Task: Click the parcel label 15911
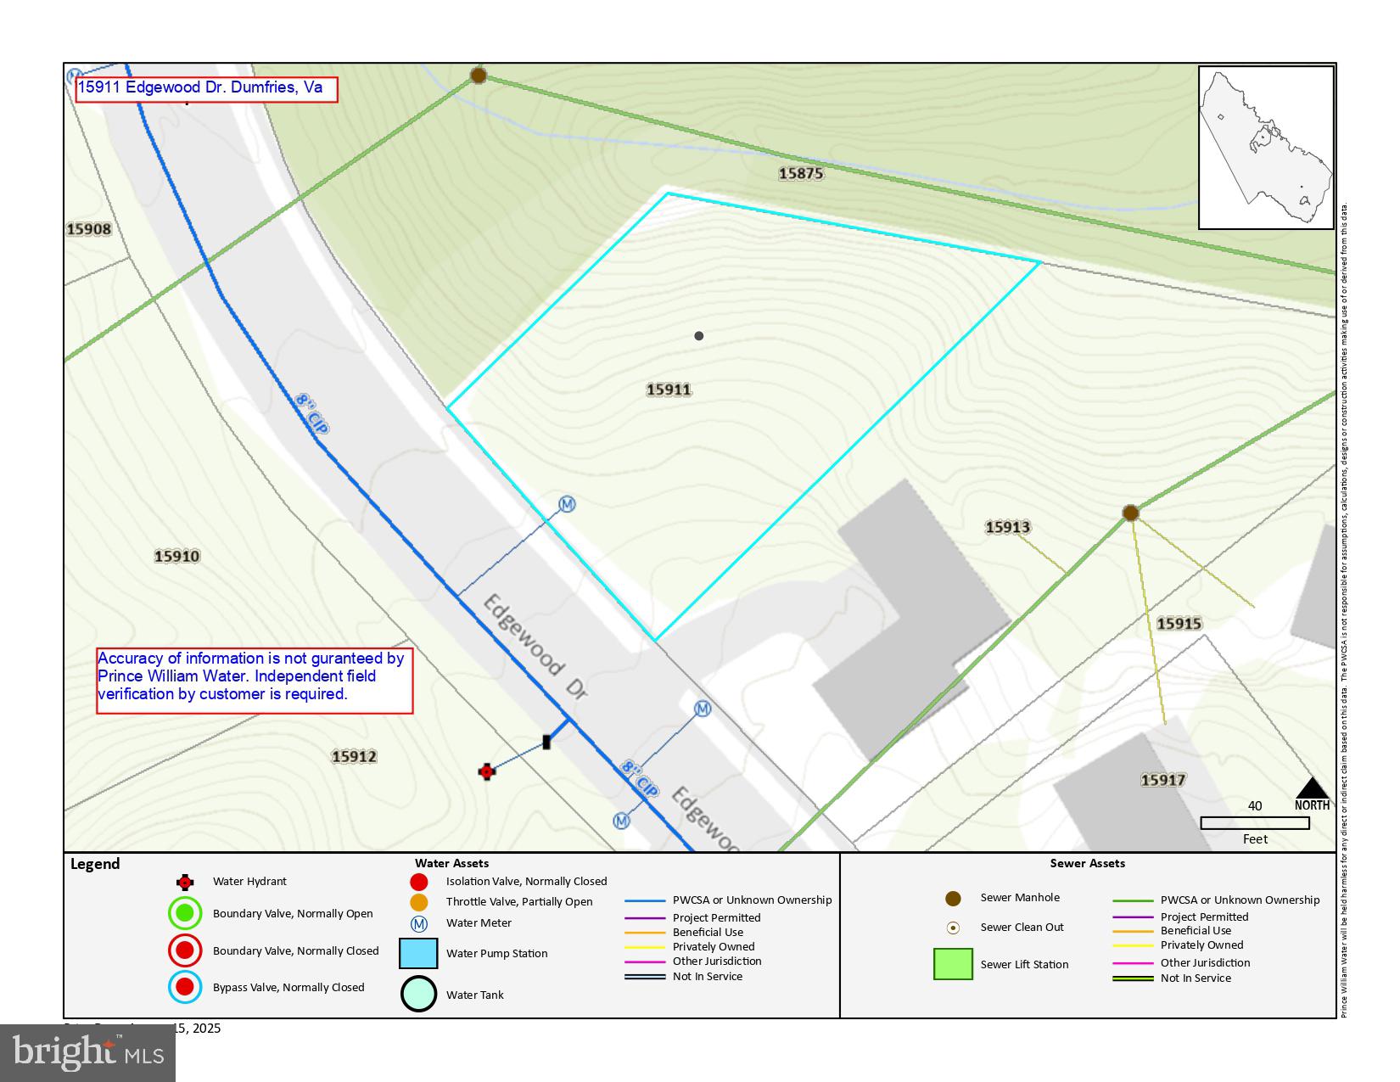coord(669,390)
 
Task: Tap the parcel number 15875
coord(801,173)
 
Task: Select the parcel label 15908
coord(89,229)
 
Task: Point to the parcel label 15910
coord(176,557)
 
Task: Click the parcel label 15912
coord(354,756)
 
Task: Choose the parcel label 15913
coord(1007,527)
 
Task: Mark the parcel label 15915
coord(1179,624)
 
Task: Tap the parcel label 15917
coord(1162,780)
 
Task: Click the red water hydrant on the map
coord(486,771)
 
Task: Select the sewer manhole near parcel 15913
coord(1130,513)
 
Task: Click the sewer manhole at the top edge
coord(478,76)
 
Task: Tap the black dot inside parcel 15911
coord(698,336)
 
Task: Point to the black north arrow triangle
coord(1312,788)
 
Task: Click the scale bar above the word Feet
coord(1255,822)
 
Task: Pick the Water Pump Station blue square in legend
coord(418,953)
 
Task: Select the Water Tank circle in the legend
coord(418,994)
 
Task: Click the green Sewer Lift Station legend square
coord(953,964)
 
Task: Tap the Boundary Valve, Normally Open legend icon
coord(185,913)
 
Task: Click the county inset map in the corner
coord(1266,148)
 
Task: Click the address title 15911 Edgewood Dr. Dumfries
coord(206,88)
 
